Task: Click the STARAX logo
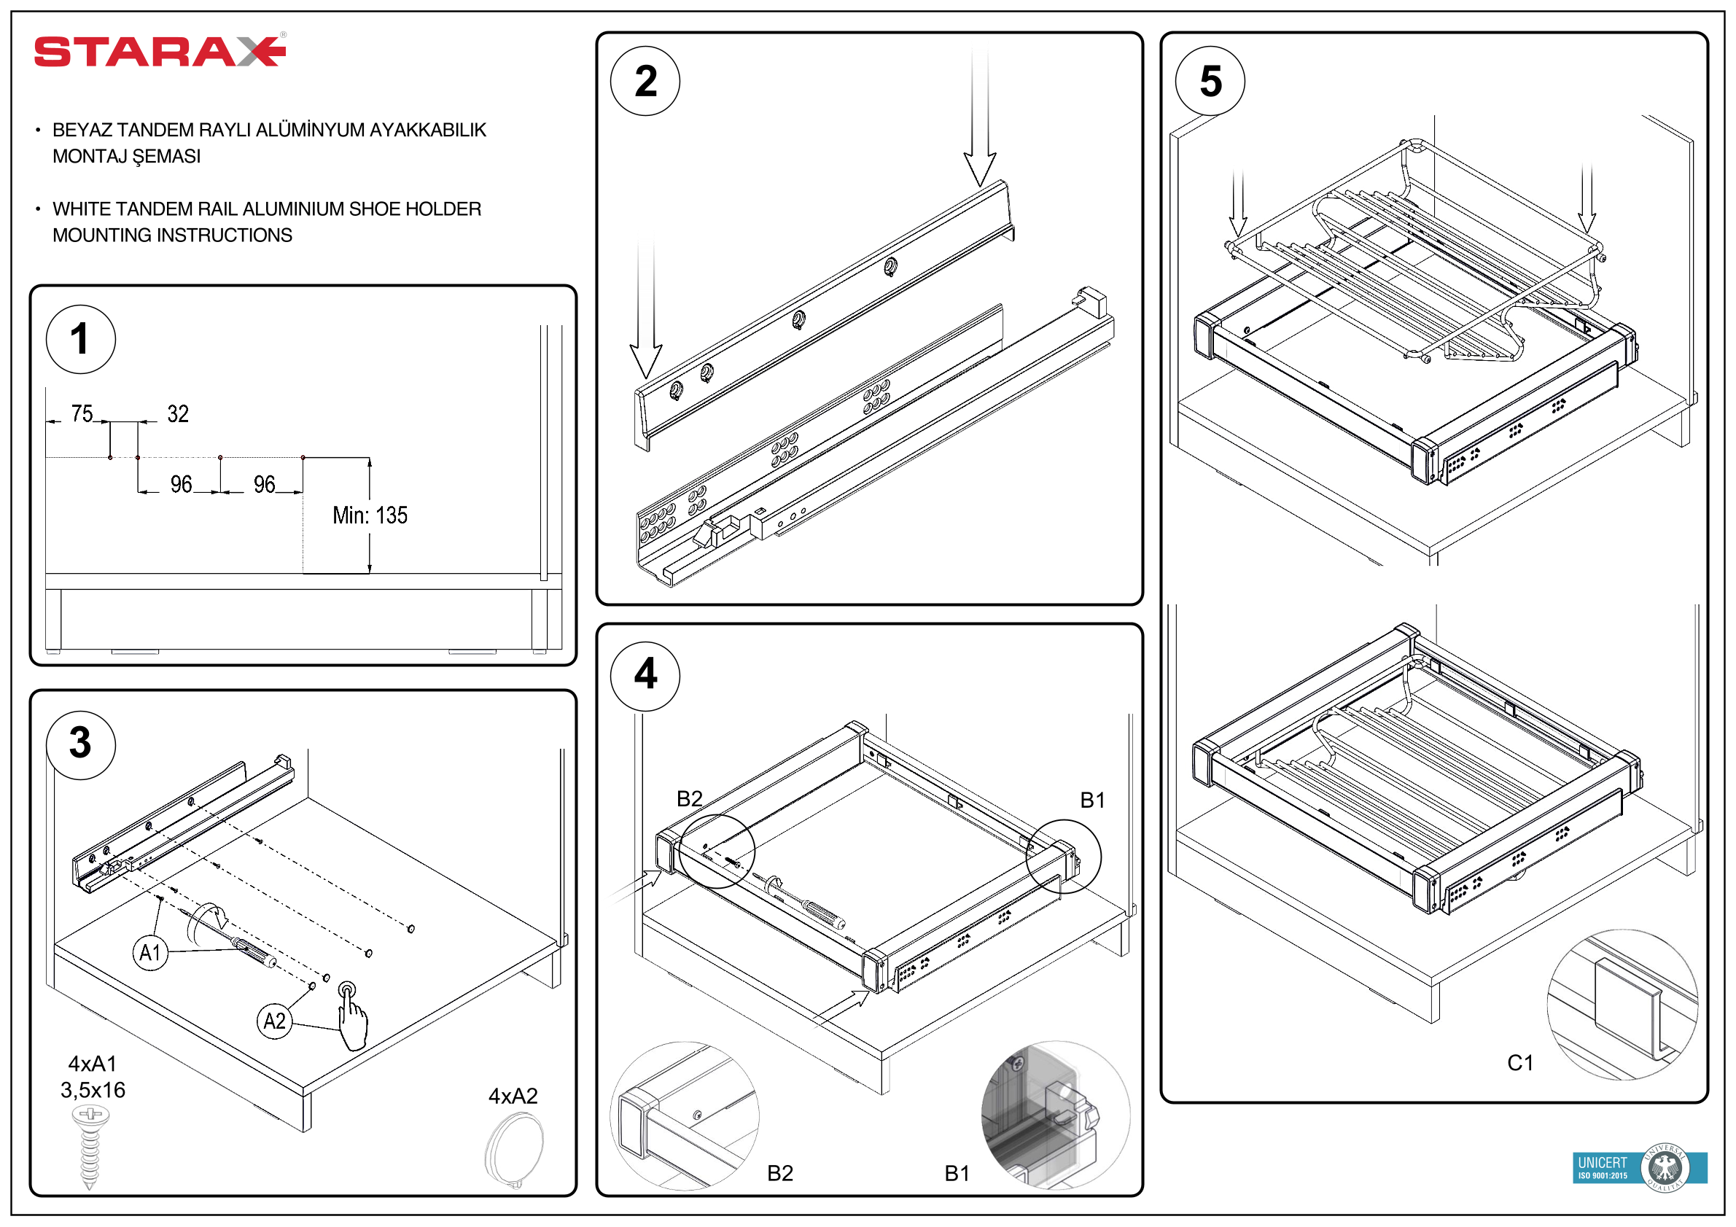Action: point(160,52)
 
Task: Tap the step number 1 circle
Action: point(81,340)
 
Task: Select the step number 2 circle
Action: point(645,81)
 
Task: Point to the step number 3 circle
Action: point(81,744)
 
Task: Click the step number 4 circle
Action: point(645,675)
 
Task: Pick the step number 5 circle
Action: point(1210,81)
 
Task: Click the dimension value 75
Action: point(82,413)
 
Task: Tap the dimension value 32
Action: point(178,413)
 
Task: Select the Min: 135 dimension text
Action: point(370,515)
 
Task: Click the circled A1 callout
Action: point(150,953)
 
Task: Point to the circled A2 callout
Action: point(273,1022)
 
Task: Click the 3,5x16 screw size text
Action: point(93,1090)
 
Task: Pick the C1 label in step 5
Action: point(1519,1063)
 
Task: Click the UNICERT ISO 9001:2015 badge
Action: point(1638,1168)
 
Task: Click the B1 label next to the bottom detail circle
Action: point(957,1173)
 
